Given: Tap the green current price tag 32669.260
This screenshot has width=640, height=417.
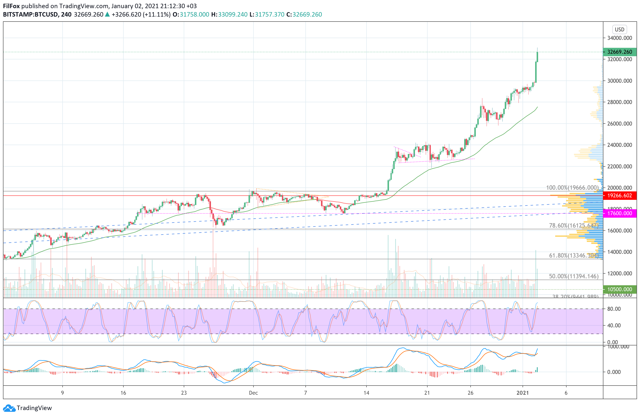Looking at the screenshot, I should (x=619, y=52).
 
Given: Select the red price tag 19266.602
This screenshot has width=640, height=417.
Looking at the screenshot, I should (x=619, y=196).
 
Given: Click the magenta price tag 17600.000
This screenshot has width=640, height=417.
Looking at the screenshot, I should (x=619, y=213).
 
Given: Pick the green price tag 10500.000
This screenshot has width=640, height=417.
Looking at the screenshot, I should (x=619, y=289).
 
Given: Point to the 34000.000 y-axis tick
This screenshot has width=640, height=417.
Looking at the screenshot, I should (x=619, y=38).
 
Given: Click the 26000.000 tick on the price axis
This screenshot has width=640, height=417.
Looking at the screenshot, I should (x=619, y=124).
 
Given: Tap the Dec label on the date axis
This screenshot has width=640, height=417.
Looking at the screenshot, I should (x=253, y=393).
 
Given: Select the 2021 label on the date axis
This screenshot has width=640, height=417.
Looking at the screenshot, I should (x=523, y=393).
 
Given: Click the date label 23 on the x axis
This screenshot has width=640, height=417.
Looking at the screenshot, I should (x=184, y=393).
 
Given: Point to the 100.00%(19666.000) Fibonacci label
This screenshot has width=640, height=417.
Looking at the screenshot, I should (x=572, y=188).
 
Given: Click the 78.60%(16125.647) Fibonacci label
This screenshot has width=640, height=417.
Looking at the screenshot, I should (x=573, y=226).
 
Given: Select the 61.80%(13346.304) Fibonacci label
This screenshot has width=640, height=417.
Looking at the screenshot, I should (x=573, y=256).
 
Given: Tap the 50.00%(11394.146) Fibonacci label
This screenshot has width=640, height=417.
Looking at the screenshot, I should (x=573, y=276).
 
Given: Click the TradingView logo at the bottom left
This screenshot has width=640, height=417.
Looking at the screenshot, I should (x=27, y=408).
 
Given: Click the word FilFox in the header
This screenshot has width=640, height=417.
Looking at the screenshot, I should (x=11, y=6).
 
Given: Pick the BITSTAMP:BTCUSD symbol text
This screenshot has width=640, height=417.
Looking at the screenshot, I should (x=30, y=15).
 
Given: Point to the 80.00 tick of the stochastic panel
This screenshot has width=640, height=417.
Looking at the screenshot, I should (x=614, y=309).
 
